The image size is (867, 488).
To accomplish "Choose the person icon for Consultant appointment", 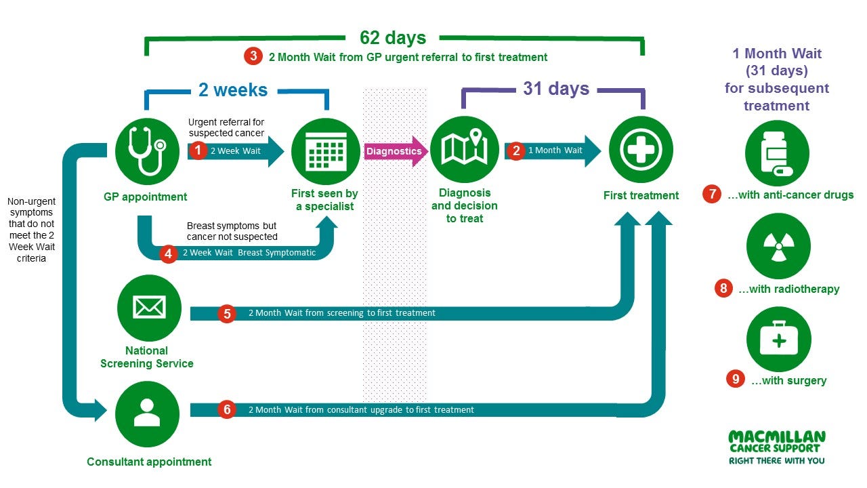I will pos(147,412).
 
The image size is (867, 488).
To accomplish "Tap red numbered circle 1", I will pos(197,150).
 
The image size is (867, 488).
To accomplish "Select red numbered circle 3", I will pos(253,56).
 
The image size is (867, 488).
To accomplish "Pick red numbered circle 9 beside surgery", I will pos(736,380).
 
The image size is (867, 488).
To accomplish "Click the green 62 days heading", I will pos(393,37).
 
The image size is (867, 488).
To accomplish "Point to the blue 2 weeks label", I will pos(233,89).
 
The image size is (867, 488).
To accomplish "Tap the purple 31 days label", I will pos(555,89).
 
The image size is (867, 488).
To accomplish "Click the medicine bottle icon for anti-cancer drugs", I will pos(777,153).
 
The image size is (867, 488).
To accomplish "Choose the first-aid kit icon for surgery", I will pos(778,340).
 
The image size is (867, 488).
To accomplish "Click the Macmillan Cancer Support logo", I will pos(777,447).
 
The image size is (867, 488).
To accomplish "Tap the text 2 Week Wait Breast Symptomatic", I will pos(249,253).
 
